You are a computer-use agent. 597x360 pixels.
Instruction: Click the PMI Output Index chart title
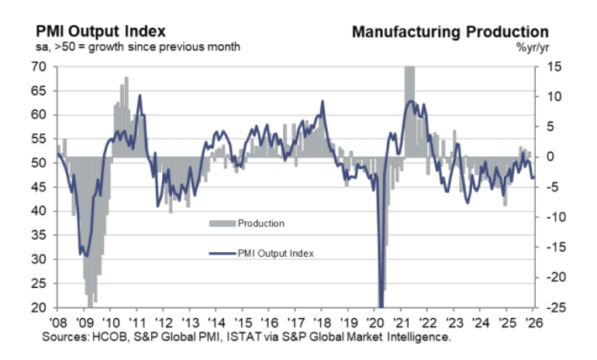(101, 32)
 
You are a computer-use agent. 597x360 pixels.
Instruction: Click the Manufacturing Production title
(450, 32)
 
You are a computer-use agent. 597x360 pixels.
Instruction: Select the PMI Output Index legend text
(275, 252)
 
